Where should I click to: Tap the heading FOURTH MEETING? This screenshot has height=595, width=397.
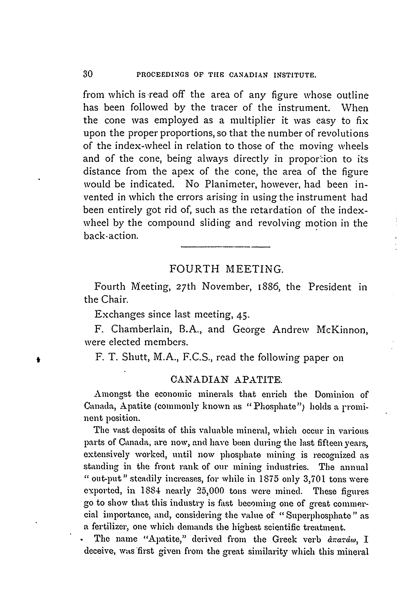226,269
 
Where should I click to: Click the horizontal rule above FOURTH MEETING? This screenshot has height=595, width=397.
226,247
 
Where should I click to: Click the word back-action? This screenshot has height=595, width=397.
111,236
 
